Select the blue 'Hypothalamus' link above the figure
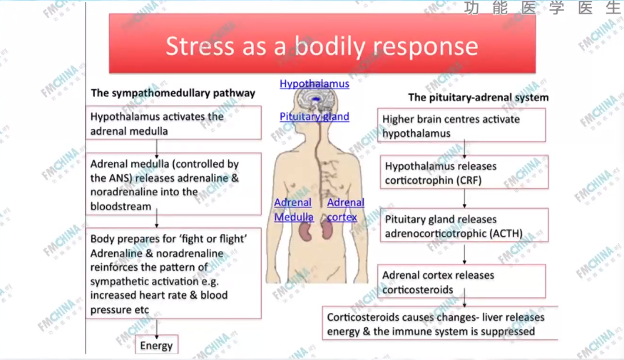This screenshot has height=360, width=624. point(314,83)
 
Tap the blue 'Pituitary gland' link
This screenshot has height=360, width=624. point(314,116)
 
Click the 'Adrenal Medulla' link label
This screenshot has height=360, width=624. point(294,210)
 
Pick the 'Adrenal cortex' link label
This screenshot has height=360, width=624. point(345,210)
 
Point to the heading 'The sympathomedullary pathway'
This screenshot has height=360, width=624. point(173,93)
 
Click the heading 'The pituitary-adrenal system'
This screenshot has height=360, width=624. point(478,97)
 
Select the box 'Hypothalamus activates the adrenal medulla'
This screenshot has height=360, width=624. point(175,123)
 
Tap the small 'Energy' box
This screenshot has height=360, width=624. point(156,346)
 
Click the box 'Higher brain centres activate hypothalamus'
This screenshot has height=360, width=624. point(461,125)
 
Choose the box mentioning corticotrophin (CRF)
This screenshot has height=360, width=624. point(464,173)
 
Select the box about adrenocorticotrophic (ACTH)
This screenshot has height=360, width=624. point(464,226)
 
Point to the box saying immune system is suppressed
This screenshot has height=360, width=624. point(439,324)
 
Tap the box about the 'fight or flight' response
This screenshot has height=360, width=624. point(175,274)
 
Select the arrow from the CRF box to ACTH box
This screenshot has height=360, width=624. point(464,199)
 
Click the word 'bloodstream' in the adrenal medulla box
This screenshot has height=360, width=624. point(121,206)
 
